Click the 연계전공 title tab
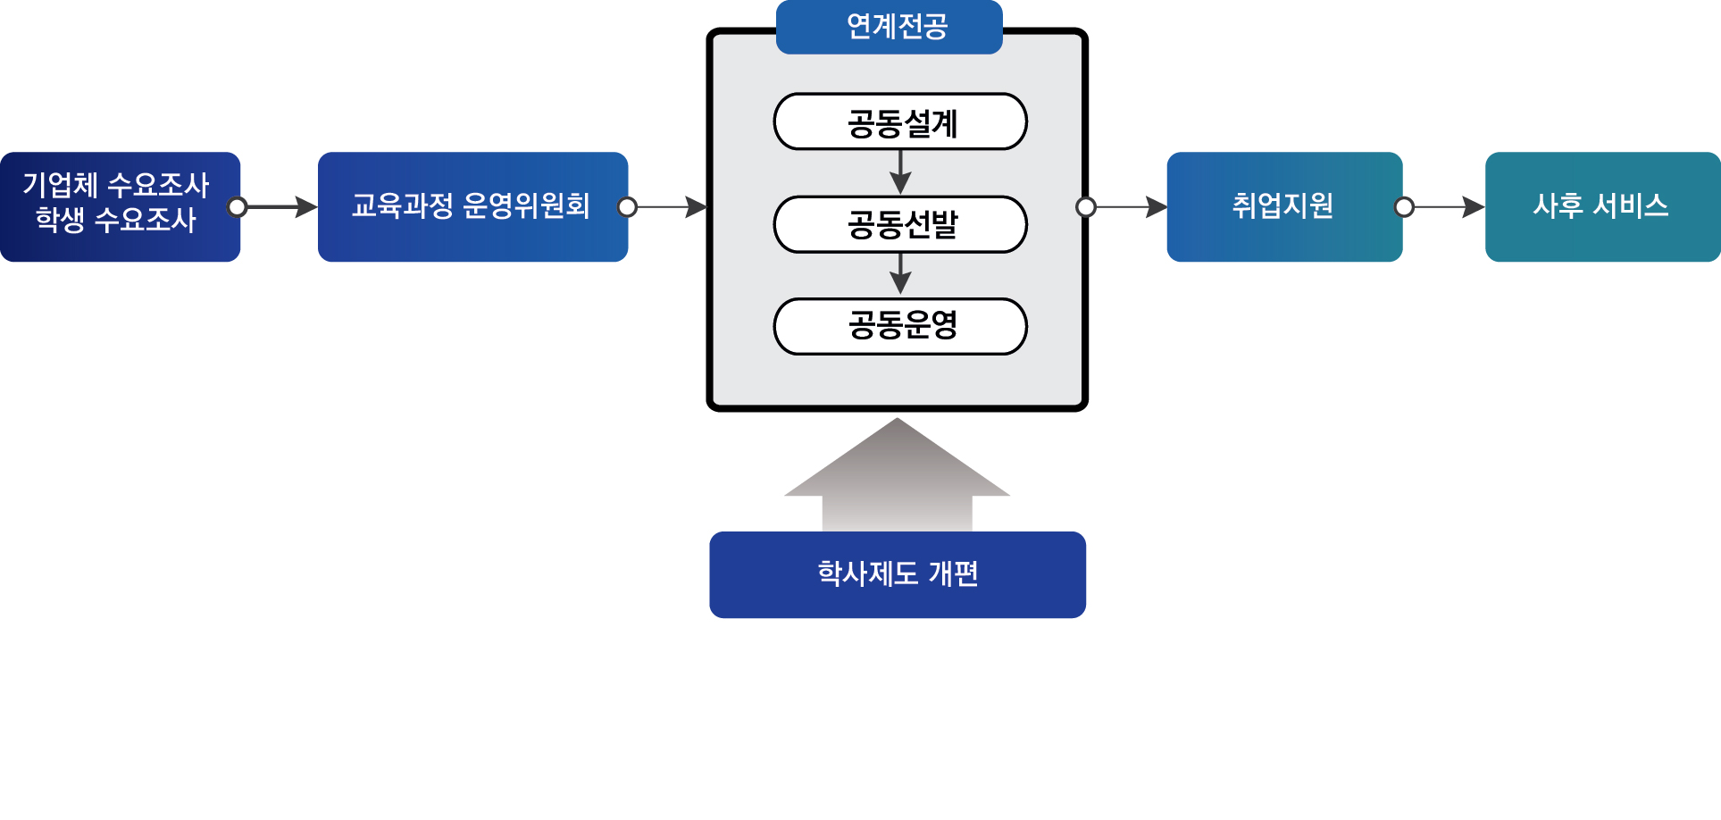(x=889, y=27)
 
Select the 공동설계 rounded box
(x=900, y=121)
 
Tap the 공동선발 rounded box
(x=900, y=224)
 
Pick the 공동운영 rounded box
(x=900, y=326)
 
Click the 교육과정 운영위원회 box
(x=472, y=206)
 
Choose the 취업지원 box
(x=1283, y=206)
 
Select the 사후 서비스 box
(x=1601, y=206)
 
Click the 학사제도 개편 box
(x=897, y=574)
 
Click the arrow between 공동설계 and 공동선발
(x=900, y=172)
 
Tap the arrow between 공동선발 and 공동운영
(x=900, y=274)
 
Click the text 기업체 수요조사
(x=115, y=186)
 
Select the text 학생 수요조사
(x=115, y=220)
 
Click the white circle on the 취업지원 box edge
(x=1404, y=207)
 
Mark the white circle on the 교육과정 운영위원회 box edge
(x=628, y=207)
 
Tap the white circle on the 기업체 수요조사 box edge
(x=238, y=207)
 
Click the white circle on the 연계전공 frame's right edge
(x=1086, y=207)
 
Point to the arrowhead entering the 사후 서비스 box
(x=1473, y=207)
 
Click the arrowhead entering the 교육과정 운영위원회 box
(x=305, y=207)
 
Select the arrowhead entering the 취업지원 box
(x=1156, y=207)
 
